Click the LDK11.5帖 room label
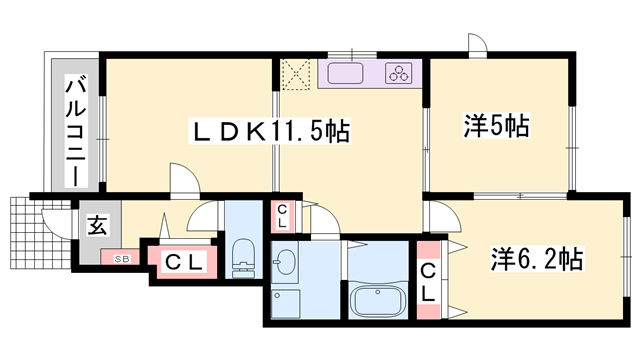click(270, 131)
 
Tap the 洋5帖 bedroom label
click(497, 125)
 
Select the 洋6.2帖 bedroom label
click(537, 259)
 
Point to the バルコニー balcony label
click(76, 132)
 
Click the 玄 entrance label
click(98, 225)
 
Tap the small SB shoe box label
click(121, 258)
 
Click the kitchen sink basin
click(345, 73)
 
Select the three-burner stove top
click(399, 74)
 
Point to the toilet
click(243, 258)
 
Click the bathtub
click(378, 300)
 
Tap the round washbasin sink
click(284, 263)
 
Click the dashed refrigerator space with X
click(296, 74)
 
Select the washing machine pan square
click(286, 303)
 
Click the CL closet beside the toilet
click(183, 262)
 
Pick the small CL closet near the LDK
click(282, 216)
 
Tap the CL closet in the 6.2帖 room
click(428, 281)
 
